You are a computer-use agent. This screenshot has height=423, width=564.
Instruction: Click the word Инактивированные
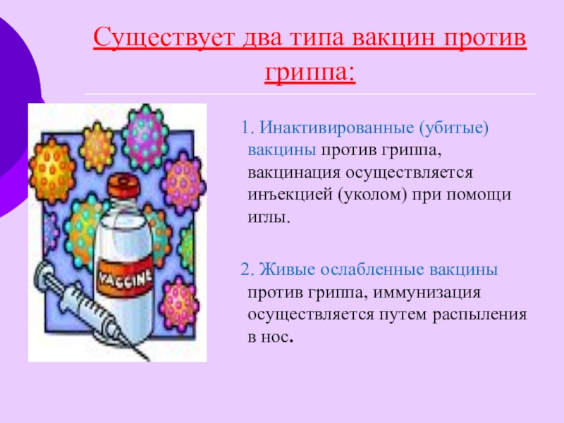pyautogui.click(x=336, y=128)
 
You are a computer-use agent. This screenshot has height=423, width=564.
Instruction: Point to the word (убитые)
pyautogui.click(x=453, y=128)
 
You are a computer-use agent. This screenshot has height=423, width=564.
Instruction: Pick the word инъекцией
pyautogui.click(x=290, y=195)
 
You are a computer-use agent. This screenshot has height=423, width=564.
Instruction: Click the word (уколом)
pyautogui.click(x=372, y=195)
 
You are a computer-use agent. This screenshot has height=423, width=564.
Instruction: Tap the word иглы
pyautogui.click(x=269, y=217)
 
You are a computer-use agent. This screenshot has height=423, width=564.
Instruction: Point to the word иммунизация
pyautogui.click(x=427, y=293)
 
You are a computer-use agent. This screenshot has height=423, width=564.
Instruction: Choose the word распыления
pyautogui.click(x=479, y=315)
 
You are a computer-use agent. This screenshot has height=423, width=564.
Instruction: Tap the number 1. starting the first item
pyautogui.click(x=248, y=128)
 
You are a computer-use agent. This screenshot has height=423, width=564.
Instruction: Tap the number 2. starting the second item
pyautogui.click(x=247, y=269)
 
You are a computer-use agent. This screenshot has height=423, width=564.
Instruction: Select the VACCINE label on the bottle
pyautogui.click(x=125, y=276)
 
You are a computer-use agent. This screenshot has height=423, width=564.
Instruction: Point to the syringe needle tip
pyautogui.click(x=148, y=359)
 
